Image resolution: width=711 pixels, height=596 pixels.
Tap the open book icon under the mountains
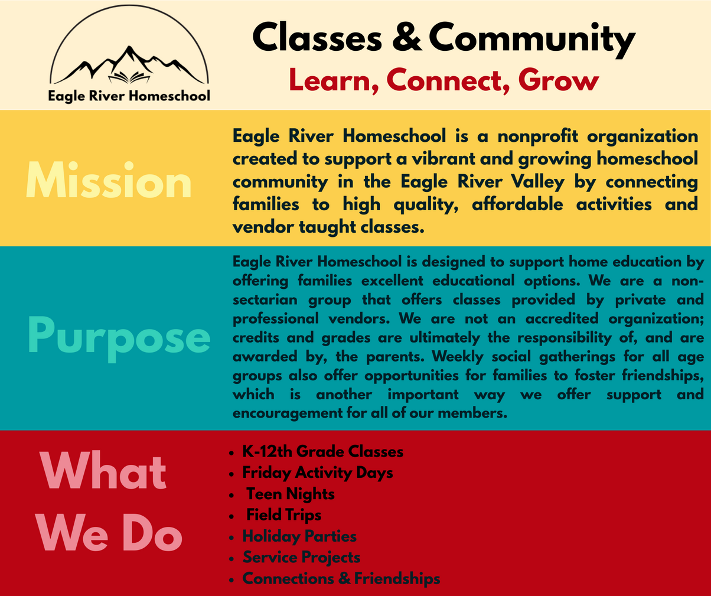point(129,77)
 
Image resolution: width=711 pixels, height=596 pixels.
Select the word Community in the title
point(531,38)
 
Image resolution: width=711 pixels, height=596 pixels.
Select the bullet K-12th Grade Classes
point(322,452)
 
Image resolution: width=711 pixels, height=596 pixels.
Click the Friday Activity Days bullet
point(317,473)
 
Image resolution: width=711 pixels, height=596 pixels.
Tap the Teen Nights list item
point(290,494)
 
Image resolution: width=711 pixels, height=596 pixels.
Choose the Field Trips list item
point(283,515)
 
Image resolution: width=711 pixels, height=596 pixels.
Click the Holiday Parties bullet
point(299,536)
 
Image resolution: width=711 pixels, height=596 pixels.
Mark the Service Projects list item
point(301,557)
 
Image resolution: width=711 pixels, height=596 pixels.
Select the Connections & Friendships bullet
point(341,578)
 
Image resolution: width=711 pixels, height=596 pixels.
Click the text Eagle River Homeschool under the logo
point(129,96)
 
